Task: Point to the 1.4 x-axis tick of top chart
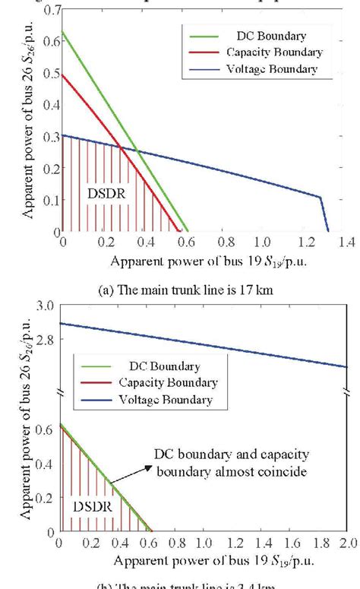348,242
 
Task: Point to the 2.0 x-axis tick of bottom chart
346,544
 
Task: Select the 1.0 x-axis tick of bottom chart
203,544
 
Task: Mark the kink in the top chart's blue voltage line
321,198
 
